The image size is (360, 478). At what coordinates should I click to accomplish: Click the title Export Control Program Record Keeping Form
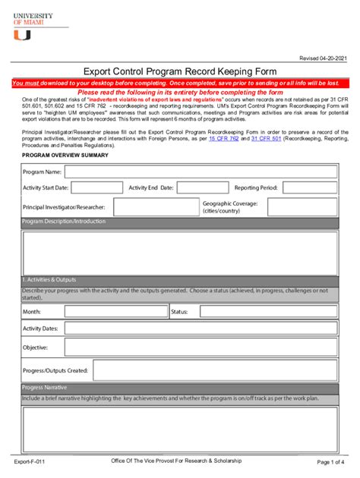(x=179, y=71)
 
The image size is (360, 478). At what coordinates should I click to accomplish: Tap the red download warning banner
(x=179, y=83)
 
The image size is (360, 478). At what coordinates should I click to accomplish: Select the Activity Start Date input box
(x=96, y=187)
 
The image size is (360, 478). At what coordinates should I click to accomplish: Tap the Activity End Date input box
(x=201, y=187)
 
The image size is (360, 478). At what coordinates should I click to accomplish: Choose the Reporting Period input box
(x=309, y=187)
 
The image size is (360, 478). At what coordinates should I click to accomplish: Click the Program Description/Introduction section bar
(x=179, y=222)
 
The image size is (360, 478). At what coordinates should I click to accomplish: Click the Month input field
(x=115, y=312)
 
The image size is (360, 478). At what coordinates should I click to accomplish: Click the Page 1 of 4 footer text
(x=330, y=461)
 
